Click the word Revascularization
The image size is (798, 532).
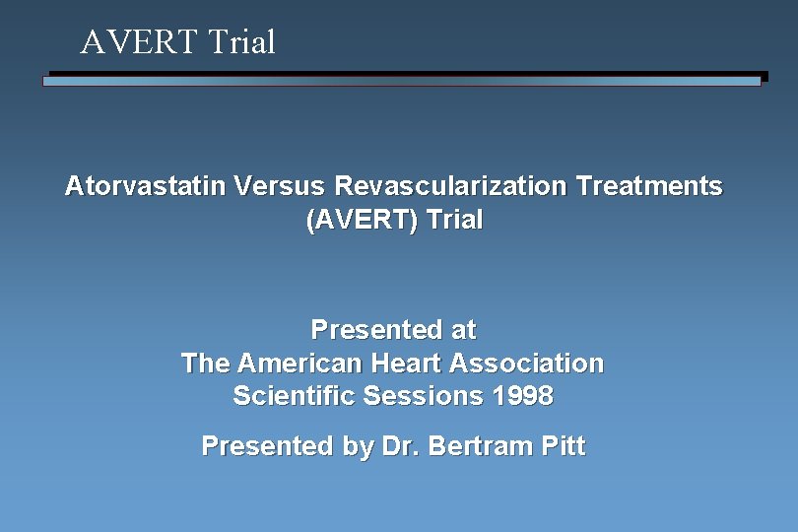[x=450, y=185]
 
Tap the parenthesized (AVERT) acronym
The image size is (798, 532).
[x=362, y=220]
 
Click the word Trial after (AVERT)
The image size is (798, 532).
[x=454, y=220]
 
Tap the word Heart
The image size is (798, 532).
[x=407, y=364]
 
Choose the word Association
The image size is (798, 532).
[x=526, y=364]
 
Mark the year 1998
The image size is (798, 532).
[x=522, y=396]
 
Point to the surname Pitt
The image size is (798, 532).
[x=564, y=446]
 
